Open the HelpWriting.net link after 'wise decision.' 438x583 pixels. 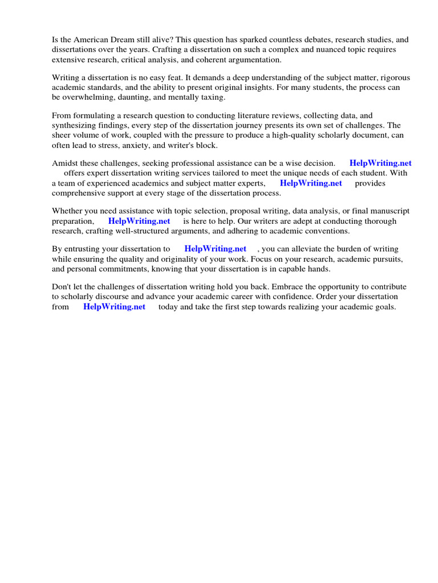380,163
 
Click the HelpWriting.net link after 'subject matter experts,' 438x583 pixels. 311,183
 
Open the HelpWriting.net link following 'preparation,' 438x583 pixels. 139,221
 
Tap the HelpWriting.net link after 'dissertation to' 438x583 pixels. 216,249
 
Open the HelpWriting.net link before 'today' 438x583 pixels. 115,306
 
